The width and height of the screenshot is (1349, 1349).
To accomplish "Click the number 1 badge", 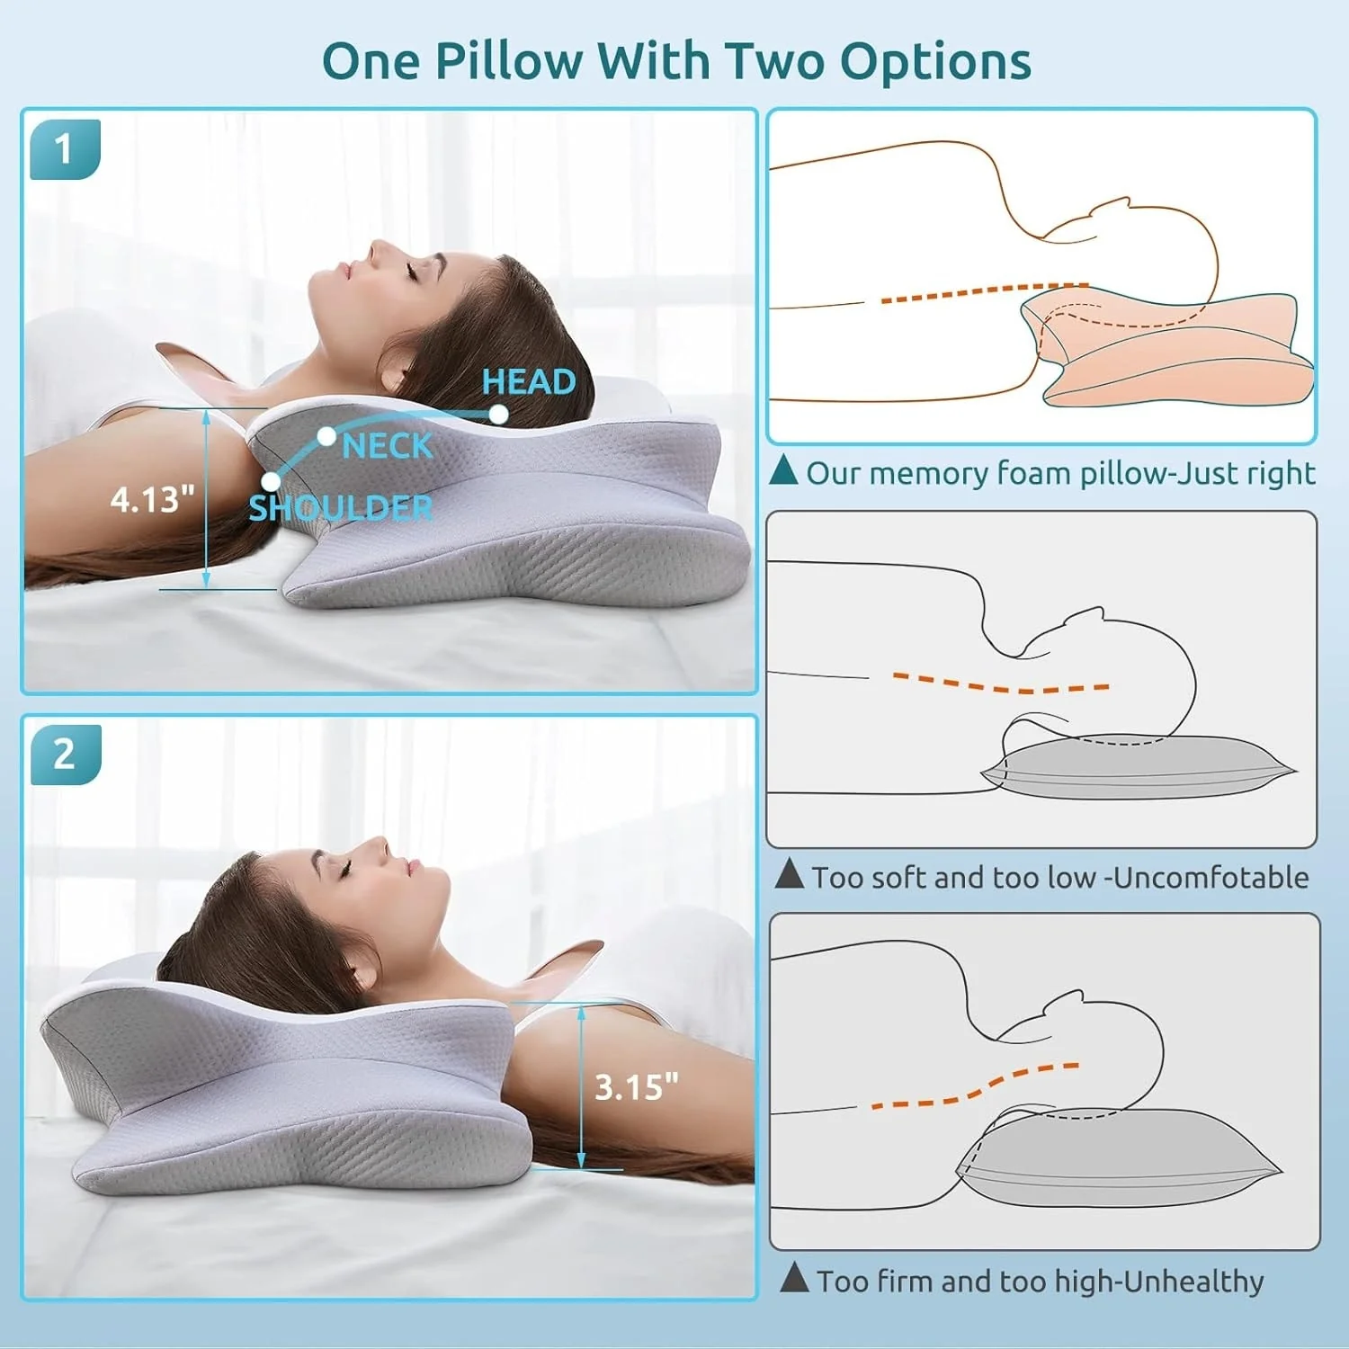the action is [65, 149].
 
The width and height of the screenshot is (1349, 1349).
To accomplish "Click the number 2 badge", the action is [66, 755].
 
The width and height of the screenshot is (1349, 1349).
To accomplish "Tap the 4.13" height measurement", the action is [152, 499].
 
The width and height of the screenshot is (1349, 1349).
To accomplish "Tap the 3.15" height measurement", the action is [637, 1086].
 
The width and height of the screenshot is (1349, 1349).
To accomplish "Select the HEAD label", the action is [529, 381].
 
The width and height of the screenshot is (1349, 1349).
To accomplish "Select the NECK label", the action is [388, 445].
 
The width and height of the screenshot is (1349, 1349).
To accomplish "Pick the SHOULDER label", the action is [341, 508].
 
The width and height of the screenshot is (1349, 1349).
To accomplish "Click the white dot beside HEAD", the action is [498, 414].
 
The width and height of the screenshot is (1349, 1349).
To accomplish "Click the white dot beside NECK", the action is [326, 436].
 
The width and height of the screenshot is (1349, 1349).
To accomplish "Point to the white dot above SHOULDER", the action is [271, 482].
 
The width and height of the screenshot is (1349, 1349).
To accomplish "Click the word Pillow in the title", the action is [509, 61].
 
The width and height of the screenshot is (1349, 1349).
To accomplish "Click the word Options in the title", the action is [935, 63].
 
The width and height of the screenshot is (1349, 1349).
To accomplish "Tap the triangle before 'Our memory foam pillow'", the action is [784, 469].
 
